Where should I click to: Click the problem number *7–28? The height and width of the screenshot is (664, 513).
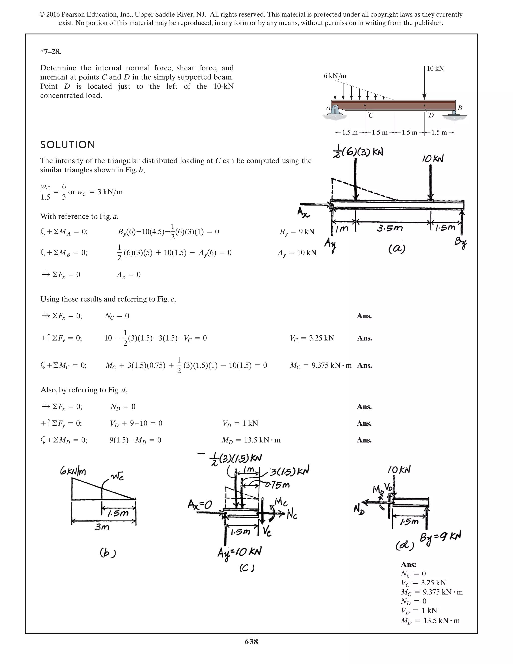click(x=51, y=52)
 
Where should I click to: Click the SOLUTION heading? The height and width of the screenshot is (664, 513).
click(x=68, y=145)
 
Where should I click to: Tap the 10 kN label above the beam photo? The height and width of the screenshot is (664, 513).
click(x=435, y=68)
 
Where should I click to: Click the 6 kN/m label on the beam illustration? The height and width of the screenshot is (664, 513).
click(x=335, y=76)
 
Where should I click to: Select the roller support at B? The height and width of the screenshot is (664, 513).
click(x=454, y=113)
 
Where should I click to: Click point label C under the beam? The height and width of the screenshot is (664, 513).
click(x=371, y=116)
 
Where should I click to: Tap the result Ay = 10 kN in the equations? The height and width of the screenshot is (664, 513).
click(x=297, y=253)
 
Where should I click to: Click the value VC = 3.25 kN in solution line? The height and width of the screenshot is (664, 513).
click(x=312, y=338)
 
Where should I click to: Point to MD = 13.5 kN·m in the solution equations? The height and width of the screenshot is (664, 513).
click(x=251, y=440)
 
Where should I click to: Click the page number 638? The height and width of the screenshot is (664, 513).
click(x=251, y=642)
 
